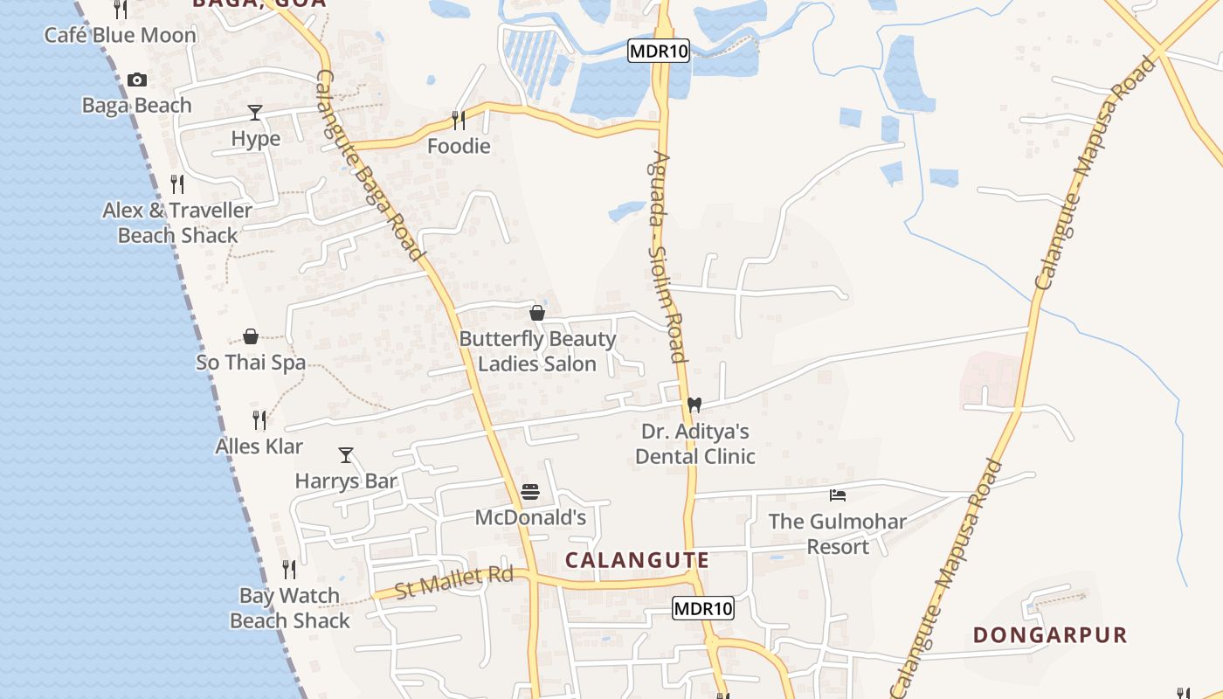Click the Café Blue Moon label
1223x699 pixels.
121,36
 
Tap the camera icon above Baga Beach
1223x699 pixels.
137,80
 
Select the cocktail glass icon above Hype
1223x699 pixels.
255,113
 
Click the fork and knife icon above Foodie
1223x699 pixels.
459,120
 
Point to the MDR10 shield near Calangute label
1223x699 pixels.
703,608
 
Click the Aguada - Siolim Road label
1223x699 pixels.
667,258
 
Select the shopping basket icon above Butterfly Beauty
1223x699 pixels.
537,313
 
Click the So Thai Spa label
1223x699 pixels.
251,363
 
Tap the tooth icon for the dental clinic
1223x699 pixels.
694,405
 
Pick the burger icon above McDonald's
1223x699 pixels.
530,492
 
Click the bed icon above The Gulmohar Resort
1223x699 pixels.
838,496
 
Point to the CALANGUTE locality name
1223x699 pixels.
637,560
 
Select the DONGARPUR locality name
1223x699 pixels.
1050,634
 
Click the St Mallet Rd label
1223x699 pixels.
454,583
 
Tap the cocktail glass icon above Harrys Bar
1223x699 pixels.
346,455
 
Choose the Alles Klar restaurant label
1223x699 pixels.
259,446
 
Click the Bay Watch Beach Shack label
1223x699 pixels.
290,608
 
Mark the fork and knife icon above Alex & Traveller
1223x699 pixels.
177,184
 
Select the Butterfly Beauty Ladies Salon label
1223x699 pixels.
537,351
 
